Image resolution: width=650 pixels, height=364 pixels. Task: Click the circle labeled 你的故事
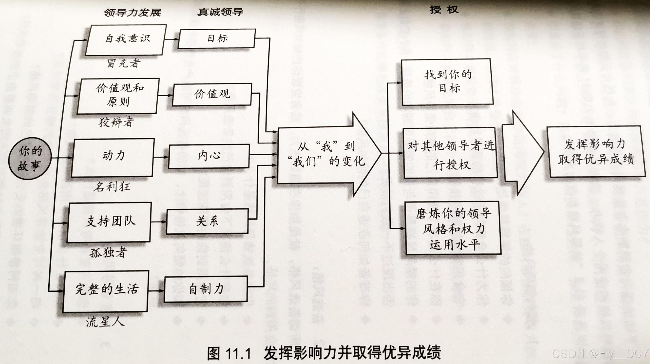pyautogui.click(x=30, y=158)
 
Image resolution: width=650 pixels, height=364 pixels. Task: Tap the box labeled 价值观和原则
pyautogui.click(x=118, y=96)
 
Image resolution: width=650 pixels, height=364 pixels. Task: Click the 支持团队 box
pyautogui.click(x=109, y=222)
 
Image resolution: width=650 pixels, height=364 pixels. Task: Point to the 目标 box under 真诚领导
pyautogui.click(x=217, y=39)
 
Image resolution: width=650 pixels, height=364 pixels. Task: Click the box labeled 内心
pyautogui.click(x=209, y=156)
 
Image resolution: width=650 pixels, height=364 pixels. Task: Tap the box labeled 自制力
pyautogui.click(x=206, y=289)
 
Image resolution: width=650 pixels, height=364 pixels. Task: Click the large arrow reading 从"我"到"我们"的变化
pyautogui.click(x=328, y=155)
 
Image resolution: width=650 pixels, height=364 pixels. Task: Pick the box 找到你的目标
pyautogui.click(x=447, y=82)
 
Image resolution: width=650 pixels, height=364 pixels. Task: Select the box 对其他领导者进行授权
pyautogui.click(x=450, y=153)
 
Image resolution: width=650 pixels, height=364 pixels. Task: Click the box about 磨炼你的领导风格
pyautogui.click(x=453, y=228)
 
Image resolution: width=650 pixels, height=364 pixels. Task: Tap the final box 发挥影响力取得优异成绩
pyautogui.click(x=595, y=152)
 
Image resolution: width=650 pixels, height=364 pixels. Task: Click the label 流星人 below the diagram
pyautogui.click(x=105, y=322)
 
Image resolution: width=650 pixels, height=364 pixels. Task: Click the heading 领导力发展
pyautogui.click(x=133, y=12)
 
